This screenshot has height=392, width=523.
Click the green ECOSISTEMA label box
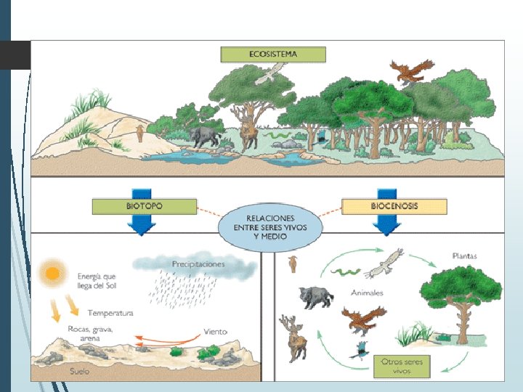[x=273, y=54]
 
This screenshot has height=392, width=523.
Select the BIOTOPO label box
[x=144, y=207]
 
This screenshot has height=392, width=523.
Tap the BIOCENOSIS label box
[x=394, y=207]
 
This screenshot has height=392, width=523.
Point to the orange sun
[x=52, y=274]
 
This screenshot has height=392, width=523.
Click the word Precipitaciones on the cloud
[x=198, y=264]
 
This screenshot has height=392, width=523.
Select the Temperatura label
[x=110, y=313]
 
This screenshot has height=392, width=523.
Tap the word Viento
[x=216, y=331]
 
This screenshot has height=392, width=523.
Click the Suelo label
[x=80, y=371]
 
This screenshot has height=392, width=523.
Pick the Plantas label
[x=464, y=256]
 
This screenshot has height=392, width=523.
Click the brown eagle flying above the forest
[x=406, y=72]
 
